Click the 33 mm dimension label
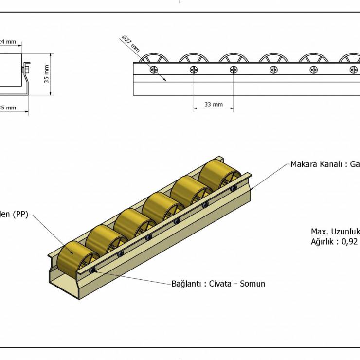coord(214,104)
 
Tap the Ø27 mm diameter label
coord(131,44)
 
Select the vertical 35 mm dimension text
coord(47,74)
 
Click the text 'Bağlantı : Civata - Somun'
coord(218,284)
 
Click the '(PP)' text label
coord(20,214)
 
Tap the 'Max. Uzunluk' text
coord(335,232)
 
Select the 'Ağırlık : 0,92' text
coord(334,241)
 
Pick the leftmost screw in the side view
coord(154,70)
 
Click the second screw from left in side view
coord(194,70)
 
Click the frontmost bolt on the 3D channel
coord(92,270)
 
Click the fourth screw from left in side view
coord(274,70)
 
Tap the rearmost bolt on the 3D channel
coord(234,188)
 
